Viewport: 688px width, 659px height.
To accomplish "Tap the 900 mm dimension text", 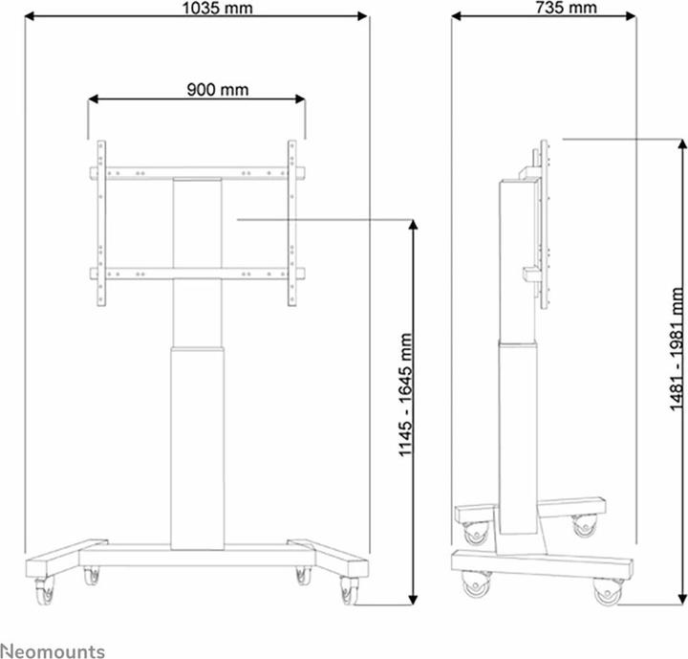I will coord(217,90).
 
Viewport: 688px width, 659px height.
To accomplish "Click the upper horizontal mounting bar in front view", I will coord(197,174).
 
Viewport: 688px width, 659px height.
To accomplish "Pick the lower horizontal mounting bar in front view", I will coord(197,274).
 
